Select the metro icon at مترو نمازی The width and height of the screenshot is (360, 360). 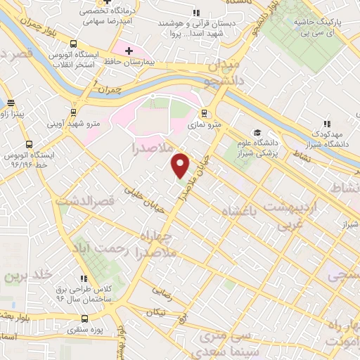(x=205, y=112)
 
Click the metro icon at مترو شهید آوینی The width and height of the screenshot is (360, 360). (x=74, y=111)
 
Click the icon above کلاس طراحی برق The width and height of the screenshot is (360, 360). (x=84, y=279)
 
